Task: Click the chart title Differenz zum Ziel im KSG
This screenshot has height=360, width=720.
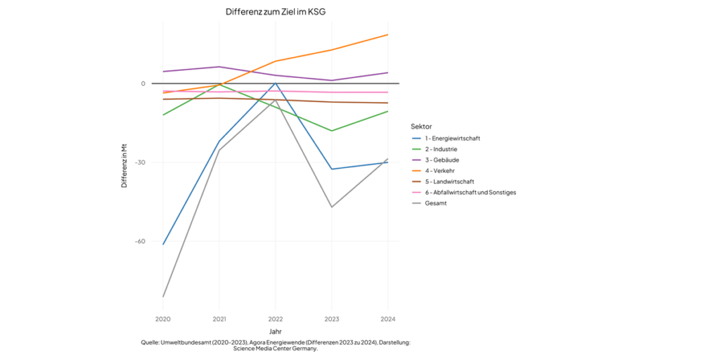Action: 276,12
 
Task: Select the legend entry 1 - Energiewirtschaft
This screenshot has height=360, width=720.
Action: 452,139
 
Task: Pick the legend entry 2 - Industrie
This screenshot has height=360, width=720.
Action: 441,149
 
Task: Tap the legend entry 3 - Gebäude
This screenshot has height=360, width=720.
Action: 442,160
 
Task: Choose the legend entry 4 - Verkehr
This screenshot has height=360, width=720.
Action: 440,171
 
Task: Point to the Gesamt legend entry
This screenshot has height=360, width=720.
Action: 436,202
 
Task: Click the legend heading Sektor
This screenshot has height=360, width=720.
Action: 420,127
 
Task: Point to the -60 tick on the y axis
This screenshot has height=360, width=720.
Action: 140,241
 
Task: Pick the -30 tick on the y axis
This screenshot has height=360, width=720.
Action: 140,162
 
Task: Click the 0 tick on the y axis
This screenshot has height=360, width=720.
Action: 143,84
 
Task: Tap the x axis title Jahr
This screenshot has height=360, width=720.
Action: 276,330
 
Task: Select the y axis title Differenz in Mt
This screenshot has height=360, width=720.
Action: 124,166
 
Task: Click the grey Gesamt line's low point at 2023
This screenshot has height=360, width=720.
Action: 331,207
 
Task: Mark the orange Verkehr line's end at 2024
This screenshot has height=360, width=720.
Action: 387,34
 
